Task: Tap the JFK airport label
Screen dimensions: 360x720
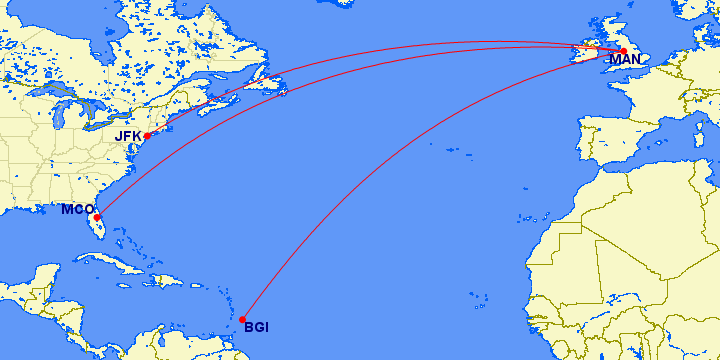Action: pos(129,135)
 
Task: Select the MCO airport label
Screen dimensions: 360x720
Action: pos(76,209)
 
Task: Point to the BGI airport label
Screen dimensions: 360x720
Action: pos(256,327)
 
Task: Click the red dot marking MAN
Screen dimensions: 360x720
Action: pos(622,50)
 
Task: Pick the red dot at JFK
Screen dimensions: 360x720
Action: pos(147,136)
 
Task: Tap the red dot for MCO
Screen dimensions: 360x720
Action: pos(97,217)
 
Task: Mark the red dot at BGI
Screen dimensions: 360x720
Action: pos(243,320)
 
